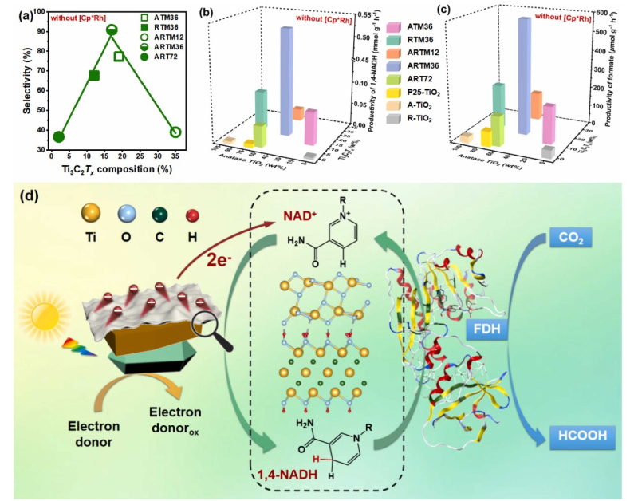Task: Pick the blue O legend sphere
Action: tap(127, 214)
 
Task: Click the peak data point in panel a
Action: tap(112, 30)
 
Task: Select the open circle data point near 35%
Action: tap(175, 132)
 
